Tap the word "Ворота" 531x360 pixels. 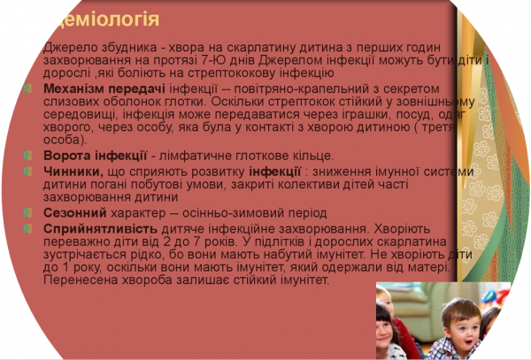coord(63,155)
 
